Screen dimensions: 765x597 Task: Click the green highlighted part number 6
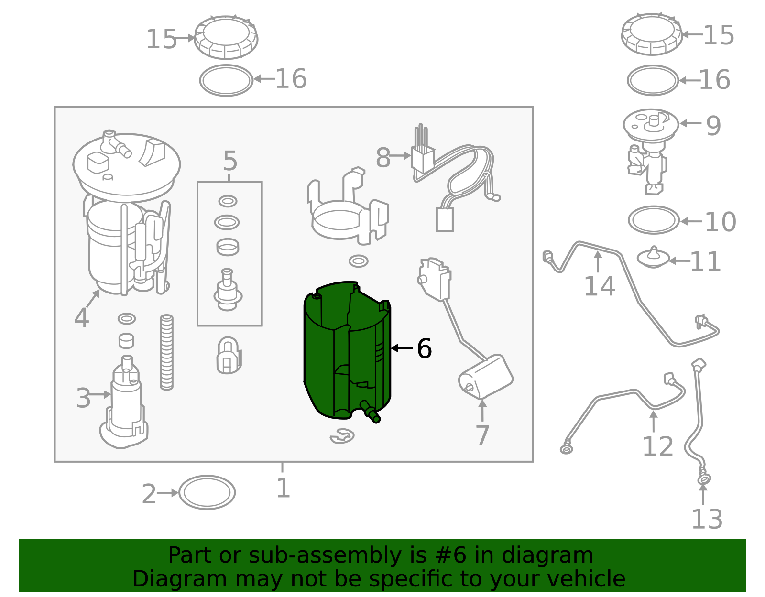pyautogui.click(x=347, y=352)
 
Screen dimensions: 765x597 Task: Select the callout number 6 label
pyautogui.click(x=424, y=348)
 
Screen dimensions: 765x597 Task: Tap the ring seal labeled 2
pyautogui.click(x=207, y=492)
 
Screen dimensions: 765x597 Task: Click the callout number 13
pyautogui.click(x=707, y=519)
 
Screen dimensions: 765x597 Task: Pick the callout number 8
pyautogui.click(x=383, y=157)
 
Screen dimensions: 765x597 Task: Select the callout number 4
pyautogui.click(x=81, y=318)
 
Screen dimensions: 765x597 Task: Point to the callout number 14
pyautogui.click(x=600, y=286)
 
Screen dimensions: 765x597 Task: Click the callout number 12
pyautogui.click(x=657, y=446)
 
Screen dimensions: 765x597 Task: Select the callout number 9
pyautogui.click(x=713, y=126)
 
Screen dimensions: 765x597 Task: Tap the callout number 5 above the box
pyautogui.click(x=230, y=161)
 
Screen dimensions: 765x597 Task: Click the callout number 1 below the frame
pyautogui.click(x=283, y=488)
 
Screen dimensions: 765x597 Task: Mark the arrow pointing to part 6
pyautogui.click(x=402, y=348)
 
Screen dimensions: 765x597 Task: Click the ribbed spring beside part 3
pyautogui.click(x=166, y=352)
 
